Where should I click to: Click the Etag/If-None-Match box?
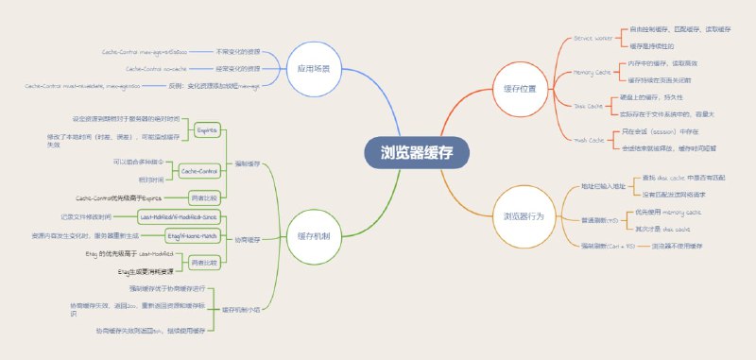pyautogui.click(x=193, y=232)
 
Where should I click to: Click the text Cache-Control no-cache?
pyautogui.click(x=151, y=69)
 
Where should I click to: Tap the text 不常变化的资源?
pyautogui.click(x=239, y=50)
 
